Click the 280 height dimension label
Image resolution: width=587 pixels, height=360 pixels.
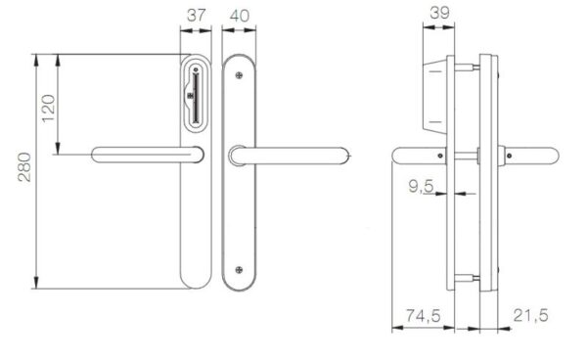24,167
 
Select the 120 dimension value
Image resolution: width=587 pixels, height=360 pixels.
49,109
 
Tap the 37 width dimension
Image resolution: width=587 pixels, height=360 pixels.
197,16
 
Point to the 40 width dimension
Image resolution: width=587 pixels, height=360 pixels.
240,16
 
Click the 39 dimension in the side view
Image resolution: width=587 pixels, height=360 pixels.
439,13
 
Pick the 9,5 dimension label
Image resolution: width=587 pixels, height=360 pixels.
421,186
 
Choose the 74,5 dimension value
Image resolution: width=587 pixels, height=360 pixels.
424,316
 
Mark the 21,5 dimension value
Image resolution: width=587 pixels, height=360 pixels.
530,315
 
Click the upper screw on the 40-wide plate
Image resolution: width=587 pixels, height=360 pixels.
239,75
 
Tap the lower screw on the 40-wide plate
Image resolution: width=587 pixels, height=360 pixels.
239,270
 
